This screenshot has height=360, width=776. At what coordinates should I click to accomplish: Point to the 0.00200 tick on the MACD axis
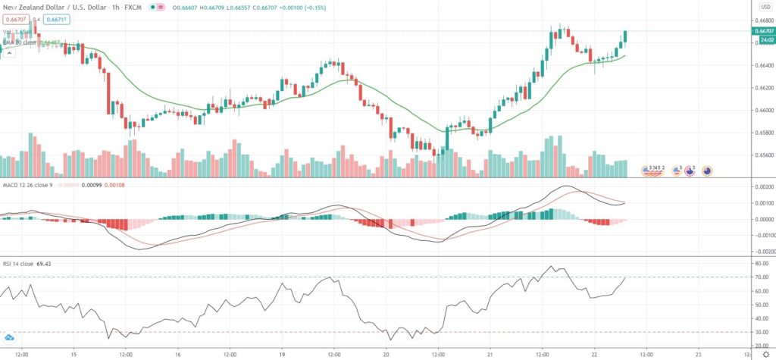coord(760,186)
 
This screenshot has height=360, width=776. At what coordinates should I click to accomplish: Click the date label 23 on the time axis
coord(699,354)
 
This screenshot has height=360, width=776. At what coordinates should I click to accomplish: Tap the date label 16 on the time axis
coord(177,354)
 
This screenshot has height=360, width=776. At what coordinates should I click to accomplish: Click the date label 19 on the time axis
coord(281,354)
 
